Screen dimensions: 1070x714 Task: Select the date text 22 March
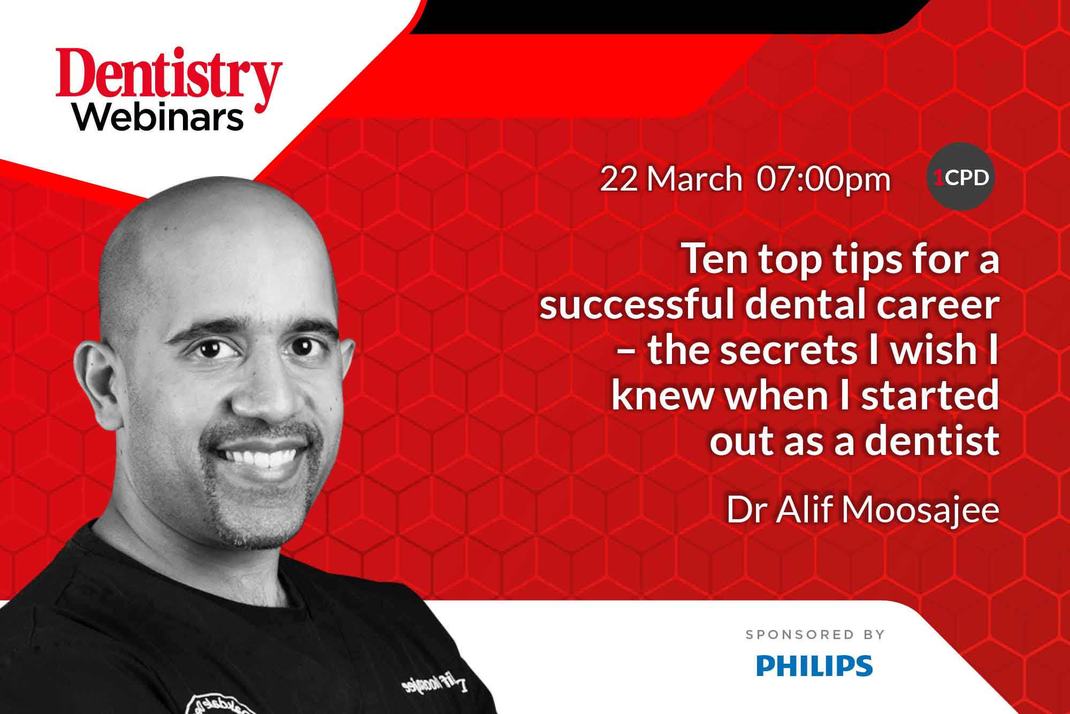pos(671,179)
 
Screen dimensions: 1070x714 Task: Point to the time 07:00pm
pos(824,180)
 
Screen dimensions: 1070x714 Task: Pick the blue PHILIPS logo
pos(814,665)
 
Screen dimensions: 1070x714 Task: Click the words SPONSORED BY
pos(815,635)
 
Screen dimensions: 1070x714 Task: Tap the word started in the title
pos(935,395)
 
